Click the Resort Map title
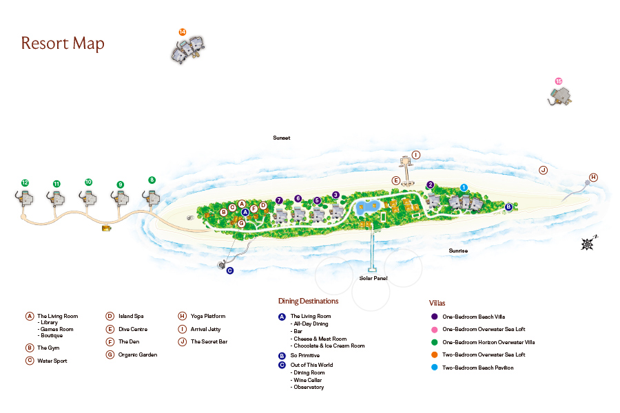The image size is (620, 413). click(x=63, y=43)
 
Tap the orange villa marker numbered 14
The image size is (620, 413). click(x=183, y=32)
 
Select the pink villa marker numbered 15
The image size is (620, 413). click(x=558, y=81)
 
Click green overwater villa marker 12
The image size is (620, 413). click(x=25, y=182)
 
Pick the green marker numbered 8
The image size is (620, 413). click(x=152, y=180)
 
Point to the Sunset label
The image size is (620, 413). click(x=282, y=138)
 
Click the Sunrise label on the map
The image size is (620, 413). click(x=458, y=251)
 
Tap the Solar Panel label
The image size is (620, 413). click(x=373, y=278)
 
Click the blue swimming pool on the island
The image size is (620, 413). click(x=368, y=207)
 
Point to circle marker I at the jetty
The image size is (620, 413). click(x=416, y=155)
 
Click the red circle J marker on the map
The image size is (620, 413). click(x=544, y=170)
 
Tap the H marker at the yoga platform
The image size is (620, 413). click(x=593, y=178)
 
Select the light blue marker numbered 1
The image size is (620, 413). click(x=464, y=187)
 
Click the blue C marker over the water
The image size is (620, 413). click(x=229, y=271)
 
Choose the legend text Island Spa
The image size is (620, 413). click(x=131, y=316)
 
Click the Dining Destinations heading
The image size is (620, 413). click(x=309, y=301)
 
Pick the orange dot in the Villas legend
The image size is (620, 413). click(x=434, y=354)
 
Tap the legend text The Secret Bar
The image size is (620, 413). click(x=209, y=341)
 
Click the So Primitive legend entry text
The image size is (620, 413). click(x=305, y=355)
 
